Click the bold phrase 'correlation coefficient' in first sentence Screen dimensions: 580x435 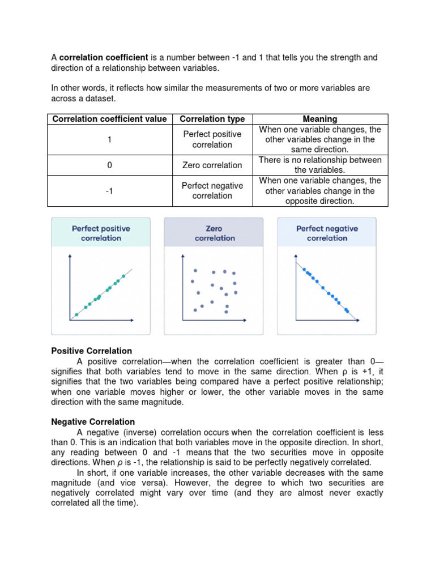(x=104, y=58)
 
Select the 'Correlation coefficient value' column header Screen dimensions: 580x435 (x=109, y=119)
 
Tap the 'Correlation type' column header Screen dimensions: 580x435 (x=212, y=119)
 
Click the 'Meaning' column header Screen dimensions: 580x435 (x=320, y=119)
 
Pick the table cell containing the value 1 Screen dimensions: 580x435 (x=109, y=139)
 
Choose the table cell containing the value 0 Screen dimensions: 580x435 (x=109, y=165)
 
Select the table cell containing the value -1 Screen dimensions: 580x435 (x=109, y=191)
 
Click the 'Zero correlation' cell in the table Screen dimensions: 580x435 (x=212, y=165)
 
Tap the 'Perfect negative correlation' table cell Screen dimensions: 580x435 (x=212, y=191)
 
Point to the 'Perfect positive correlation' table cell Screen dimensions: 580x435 (x=212, y=139)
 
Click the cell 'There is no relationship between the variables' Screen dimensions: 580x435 (x=320, y=165)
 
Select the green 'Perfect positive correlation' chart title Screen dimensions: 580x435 (x=101, y=233)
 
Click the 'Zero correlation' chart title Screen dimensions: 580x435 (x=214, y=233)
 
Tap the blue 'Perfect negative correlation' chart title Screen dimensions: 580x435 (x=327, y=233)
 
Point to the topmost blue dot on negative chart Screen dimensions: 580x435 (x=304, y=270)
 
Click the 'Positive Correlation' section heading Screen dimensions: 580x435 (x=92, y=351)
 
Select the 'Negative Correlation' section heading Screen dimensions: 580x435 (x=93, y=422)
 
